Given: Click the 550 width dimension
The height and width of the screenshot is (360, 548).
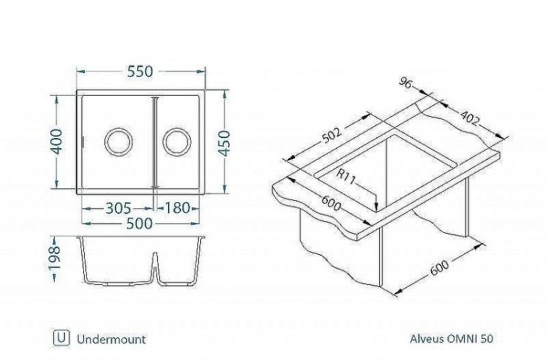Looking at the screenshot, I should [x=140, y=72].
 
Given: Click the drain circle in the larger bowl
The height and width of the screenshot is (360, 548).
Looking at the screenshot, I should [x=117, y=140].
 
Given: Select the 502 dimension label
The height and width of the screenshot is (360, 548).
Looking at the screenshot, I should [x=332, y=138].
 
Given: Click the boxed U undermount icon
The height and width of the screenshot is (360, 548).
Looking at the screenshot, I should [x=61, y=338].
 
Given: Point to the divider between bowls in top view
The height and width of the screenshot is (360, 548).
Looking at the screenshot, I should [x=153, y=142].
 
